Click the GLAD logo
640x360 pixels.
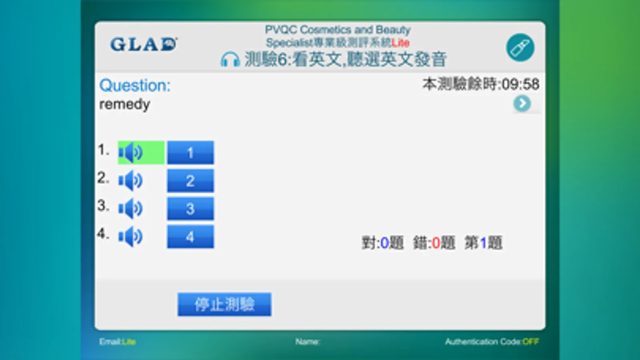(x=144, y=44)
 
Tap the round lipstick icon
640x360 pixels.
(x=520, y=48)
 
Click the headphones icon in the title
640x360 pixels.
(x=230, y=60)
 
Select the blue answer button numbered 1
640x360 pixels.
(x=190, y=152)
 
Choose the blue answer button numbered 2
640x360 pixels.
(x=190, y=181)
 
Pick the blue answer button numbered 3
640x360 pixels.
(x=190, y=208)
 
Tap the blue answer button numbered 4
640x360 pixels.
(x=190, y=237)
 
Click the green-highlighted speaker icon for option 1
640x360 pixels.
(x=140, y=152)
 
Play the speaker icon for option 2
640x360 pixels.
(x=130, y=181)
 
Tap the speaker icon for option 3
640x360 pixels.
(x=130, y=208)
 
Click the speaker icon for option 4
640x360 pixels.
(x=130, y=237)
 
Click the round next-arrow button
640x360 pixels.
(x=522, y=104)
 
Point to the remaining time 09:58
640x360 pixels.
(x=520, y=84)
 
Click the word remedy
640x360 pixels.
(x=124, y=104)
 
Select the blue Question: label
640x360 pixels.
(x=135, y=85)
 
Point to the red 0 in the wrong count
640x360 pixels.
(x=436, y=243)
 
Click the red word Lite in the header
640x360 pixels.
(x=400, y=43)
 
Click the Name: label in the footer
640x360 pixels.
(x=307, y=342)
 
